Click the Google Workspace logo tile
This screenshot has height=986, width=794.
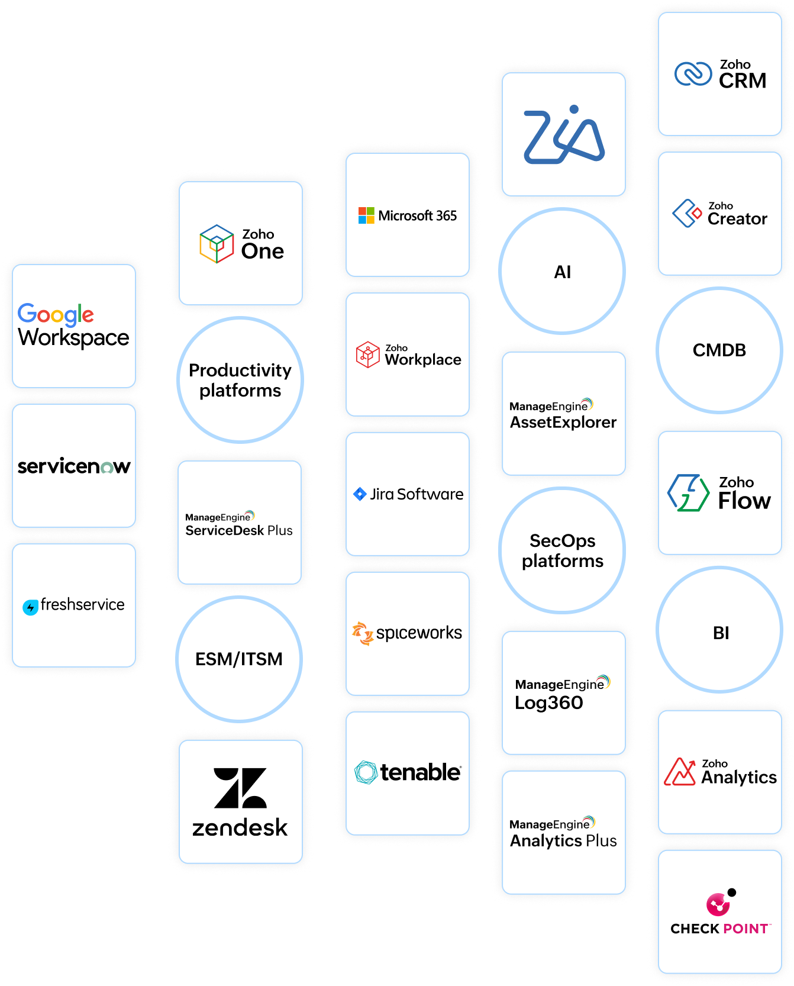pos(74,326)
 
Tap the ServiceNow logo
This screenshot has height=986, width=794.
pos(74,466)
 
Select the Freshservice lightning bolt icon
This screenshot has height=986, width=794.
pos(30,607)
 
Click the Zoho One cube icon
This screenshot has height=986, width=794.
pos(217,244)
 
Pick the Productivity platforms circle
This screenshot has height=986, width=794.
pos(240,380)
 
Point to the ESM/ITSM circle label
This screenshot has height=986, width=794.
pos(239,659)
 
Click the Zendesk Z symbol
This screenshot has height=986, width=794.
pos(240,788)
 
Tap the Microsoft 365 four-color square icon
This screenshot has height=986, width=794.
pos(366,215)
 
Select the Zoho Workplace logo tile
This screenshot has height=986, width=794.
pos(408,355)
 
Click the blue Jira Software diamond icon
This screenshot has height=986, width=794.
pos(360,494)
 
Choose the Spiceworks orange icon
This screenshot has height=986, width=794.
pos(362,633)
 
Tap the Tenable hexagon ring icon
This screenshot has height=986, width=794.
pos(366,772)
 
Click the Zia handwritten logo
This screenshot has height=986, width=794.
pos(564,135)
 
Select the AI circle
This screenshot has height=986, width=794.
pos(562,272)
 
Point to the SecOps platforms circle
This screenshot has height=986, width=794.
pos(562,550)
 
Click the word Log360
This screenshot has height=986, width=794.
pos(549,703)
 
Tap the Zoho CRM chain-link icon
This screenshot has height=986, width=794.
pos(693,74)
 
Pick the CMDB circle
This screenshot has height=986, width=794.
pos(719,350)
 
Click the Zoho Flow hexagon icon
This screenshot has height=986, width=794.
pos(688,492)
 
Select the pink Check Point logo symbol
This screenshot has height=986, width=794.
pos(719,904)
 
